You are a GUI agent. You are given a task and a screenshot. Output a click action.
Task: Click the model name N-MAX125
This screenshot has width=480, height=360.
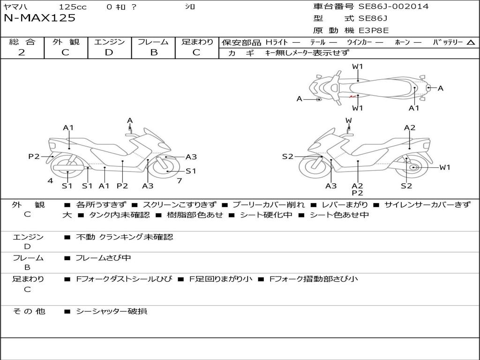point(39,18)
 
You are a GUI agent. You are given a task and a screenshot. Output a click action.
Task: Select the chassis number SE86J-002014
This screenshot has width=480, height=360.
point(393,7)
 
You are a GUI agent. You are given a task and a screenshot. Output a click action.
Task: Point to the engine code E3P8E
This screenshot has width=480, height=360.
point(374,30)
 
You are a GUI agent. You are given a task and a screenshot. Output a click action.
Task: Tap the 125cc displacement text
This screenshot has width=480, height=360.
point(73,7)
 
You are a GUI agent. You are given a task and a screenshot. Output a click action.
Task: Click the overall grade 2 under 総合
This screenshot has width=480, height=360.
point(22,52)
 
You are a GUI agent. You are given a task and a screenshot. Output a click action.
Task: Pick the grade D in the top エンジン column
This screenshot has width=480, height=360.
point(109,52)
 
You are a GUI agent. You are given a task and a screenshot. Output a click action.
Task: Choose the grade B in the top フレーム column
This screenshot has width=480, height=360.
point(154,52)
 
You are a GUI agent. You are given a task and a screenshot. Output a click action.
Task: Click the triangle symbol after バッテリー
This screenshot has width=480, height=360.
point(471,43)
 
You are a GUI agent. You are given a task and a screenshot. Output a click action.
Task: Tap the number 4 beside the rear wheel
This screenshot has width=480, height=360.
point(50,180)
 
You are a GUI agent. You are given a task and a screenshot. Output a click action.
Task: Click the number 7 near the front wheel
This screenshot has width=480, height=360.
point(180,180)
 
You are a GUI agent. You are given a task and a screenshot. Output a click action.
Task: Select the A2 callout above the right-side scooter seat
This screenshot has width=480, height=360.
point(410,127)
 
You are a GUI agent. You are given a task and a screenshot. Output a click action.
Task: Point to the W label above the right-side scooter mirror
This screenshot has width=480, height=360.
point(348,120)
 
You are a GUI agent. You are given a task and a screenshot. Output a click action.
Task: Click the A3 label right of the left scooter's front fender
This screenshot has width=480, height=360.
point(191,157)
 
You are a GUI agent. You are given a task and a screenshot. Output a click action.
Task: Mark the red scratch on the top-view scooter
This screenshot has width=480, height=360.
point(352,97)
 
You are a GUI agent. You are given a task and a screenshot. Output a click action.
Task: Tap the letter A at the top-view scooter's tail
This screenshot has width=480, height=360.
point(441,88)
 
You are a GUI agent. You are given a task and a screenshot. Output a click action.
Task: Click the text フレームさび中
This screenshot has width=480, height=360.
point(103,258)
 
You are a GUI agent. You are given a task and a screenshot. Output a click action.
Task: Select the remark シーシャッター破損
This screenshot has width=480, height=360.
point(112,311)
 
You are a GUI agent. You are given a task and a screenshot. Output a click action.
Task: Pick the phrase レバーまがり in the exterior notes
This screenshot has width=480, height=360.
point(345,205)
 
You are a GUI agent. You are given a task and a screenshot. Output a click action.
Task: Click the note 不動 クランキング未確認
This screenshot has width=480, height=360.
point(124,237)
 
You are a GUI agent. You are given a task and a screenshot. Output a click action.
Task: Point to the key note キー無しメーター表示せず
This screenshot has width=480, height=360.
point(307,53)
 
